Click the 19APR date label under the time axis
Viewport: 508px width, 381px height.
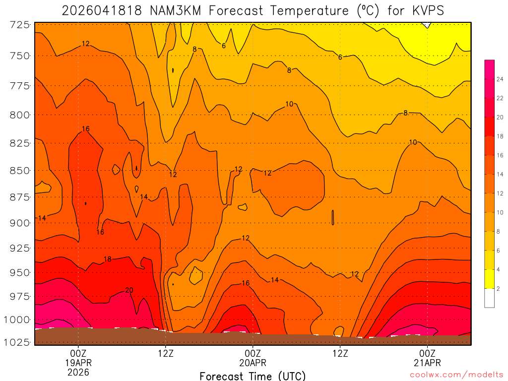click(x=78, y=363)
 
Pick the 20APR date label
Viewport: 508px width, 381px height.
click(x=253, y=363)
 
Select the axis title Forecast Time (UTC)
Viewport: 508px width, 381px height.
click(x=253, y=376)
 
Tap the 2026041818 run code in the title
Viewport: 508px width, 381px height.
click(x=103, y=10)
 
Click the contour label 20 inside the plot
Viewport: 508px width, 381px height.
click(x=129, y=290)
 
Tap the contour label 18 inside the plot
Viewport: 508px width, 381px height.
click(x=108, y=259)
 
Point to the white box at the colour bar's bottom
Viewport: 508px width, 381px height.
click(x=489, y=298)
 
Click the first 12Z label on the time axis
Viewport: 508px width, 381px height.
click(x=166, y=353)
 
